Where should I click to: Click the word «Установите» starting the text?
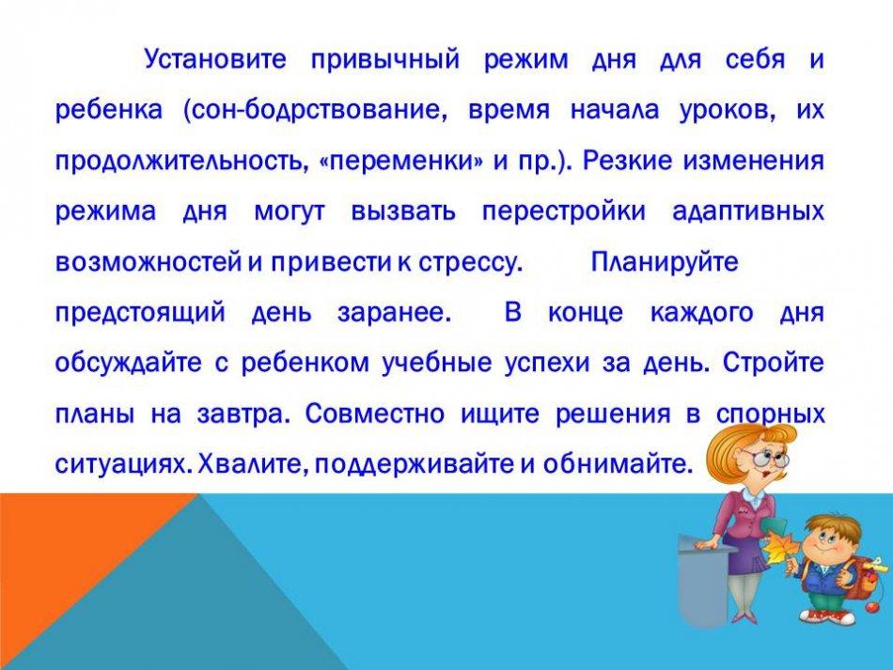(215, 59)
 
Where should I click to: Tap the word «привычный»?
(385, 60)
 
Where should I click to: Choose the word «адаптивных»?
(748, 211)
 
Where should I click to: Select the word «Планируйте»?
(665, 262)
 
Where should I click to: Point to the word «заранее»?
(394, 313)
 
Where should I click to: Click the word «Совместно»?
(374, 413)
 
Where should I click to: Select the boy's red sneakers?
(827, 616)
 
